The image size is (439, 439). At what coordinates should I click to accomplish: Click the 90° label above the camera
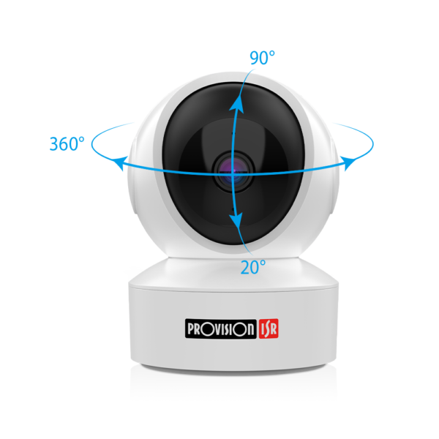(x=261, y=59)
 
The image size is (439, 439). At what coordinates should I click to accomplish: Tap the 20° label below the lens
(x=252, y=267)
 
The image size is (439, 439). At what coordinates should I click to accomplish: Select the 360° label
(x=67, y=143)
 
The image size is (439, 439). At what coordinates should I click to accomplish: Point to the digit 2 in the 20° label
(x=246, y=268)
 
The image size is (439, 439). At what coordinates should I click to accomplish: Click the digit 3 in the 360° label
(x=54, y=144)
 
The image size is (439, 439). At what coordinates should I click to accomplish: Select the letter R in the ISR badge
(x=274, y=329)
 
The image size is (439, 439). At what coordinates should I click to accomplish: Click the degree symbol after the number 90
(x=272, y=53)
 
